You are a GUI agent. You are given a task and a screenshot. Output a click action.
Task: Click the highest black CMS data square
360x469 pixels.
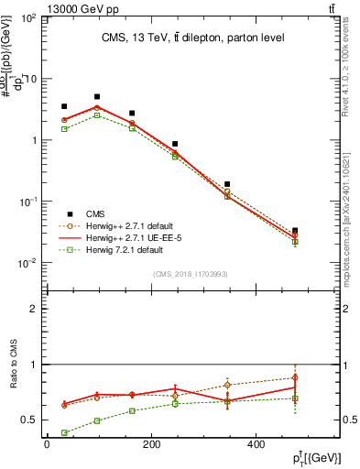[97, 96]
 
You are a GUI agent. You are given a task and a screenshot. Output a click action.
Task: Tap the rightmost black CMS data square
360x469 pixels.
[294, 231]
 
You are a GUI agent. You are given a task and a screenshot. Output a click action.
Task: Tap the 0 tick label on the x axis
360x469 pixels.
[46, 444]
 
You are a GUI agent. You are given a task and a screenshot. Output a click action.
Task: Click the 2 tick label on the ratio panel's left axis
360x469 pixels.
[34, 309]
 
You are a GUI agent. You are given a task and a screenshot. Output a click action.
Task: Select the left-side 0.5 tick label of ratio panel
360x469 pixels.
[29, 420]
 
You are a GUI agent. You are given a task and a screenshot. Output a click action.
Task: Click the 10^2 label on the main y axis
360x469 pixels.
[27, 18]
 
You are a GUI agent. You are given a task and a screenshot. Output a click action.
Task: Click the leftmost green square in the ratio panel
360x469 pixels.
[63, 432]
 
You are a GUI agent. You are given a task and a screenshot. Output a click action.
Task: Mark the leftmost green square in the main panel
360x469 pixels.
[63, 129]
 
